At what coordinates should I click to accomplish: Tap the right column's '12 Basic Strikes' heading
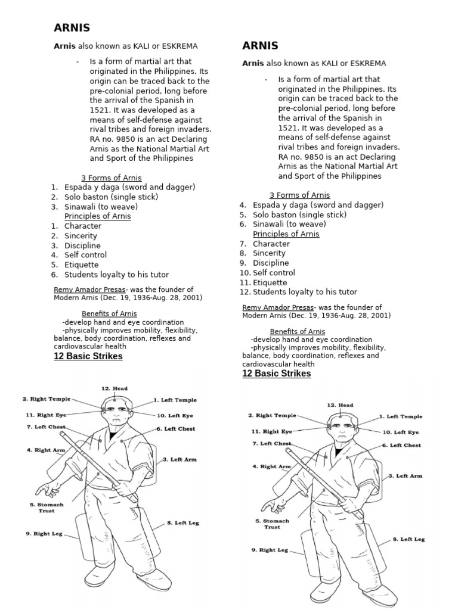pos(276,374)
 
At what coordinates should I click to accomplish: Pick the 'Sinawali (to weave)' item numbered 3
pos(101,207)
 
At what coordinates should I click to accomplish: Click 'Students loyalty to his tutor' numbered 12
pos(305,292)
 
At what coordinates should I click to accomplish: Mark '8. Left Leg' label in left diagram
pos(182,522)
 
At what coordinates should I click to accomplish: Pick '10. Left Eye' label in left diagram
pos(176,415)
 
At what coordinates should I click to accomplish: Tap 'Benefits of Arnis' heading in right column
pos(297,331)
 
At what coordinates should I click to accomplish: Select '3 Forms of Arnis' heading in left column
pos(109,178)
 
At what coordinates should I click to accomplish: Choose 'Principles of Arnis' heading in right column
pos(286,234)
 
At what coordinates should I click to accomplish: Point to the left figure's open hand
pos(47,490)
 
